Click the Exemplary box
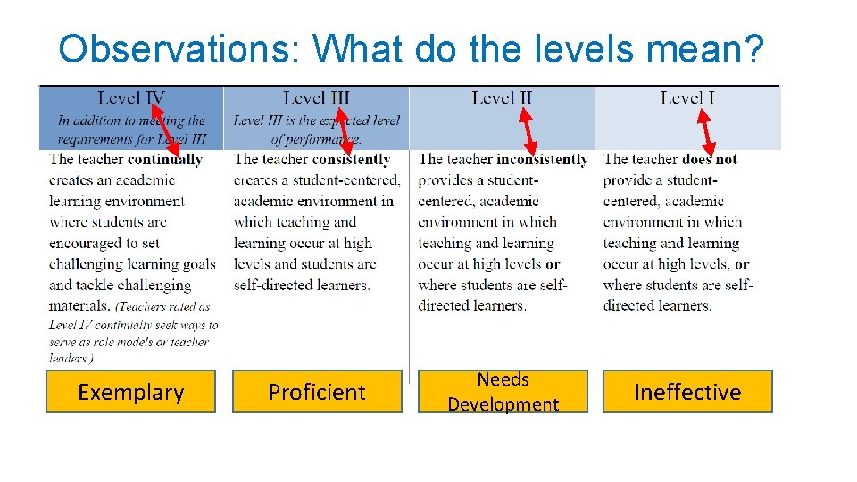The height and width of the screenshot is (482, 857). click(x=130, y=392)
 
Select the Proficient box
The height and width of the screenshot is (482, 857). click(x=317, y=392)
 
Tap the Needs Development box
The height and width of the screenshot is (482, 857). click(x=503, y=392)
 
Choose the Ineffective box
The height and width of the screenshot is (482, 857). click(x=687, y=392)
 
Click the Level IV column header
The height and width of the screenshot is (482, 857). click(x=131, y=98)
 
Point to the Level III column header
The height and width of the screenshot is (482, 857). click(x=316, y=98)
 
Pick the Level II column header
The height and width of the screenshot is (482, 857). click(x=502, y=98)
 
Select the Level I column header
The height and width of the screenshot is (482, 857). click(x=687, y=98)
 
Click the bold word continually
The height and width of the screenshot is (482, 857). click(x=165, y=160)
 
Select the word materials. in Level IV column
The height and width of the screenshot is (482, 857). click(x=80, y=305)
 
